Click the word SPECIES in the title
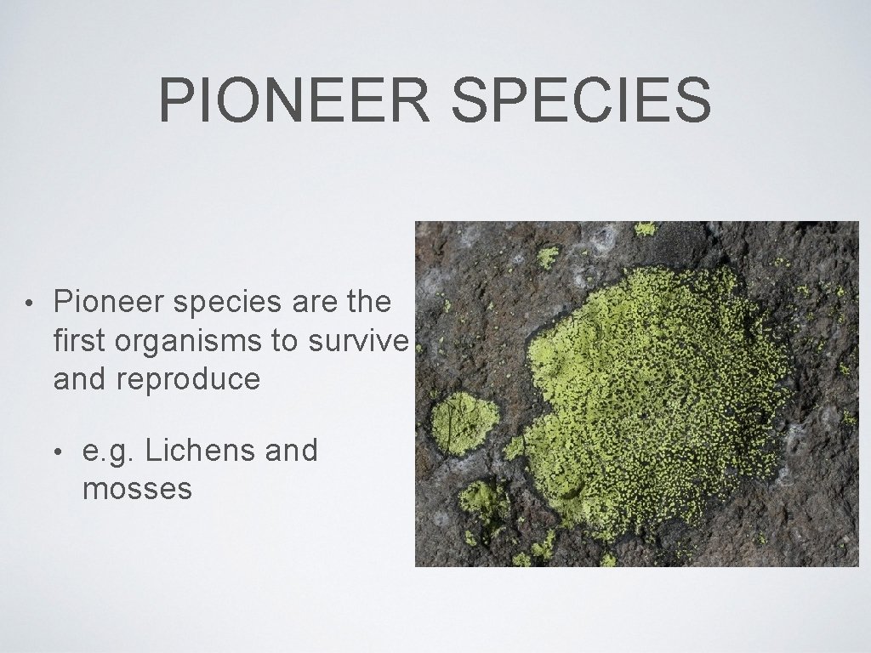[582, 99]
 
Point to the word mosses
[137, 489]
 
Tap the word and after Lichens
[291, 450]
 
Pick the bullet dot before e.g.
[59, 451]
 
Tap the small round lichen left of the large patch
[464, 422]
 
